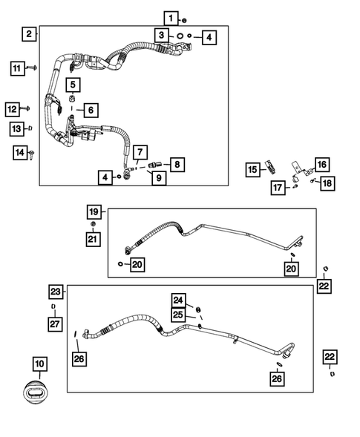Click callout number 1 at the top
pos(171,18)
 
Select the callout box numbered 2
pos(29,34)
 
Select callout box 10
pos(39,364)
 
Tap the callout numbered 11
pos(16,69)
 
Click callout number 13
pos(16,129)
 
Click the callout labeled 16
pos(321,164)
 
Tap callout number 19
pos(94,212)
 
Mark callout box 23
pos(56,291)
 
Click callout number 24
pos(179,300)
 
